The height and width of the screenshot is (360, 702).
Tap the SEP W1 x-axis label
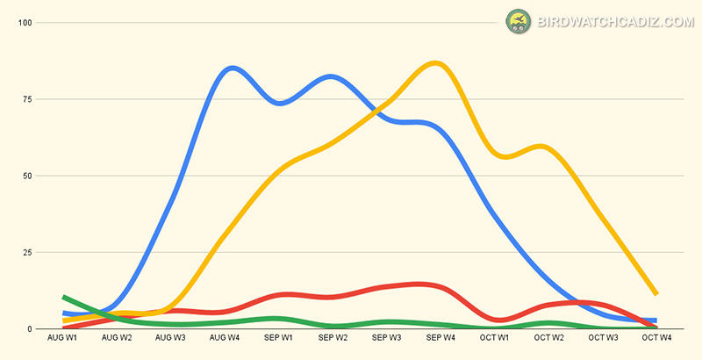click(x=278, y=337)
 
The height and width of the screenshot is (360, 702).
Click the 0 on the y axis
click(x=29, y=329)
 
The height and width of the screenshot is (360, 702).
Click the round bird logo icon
click(x=519, y=22)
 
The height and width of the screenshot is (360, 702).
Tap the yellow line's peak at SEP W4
click(x=435, y=63)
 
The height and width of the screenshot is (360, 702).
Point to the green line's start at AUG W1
click(x=65, y=298)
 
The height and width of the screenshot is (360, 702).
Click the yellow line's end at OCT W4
click(x=655, y=293)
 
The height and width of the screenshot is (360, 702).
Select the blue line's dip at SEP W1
click(x=280, y=103)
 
